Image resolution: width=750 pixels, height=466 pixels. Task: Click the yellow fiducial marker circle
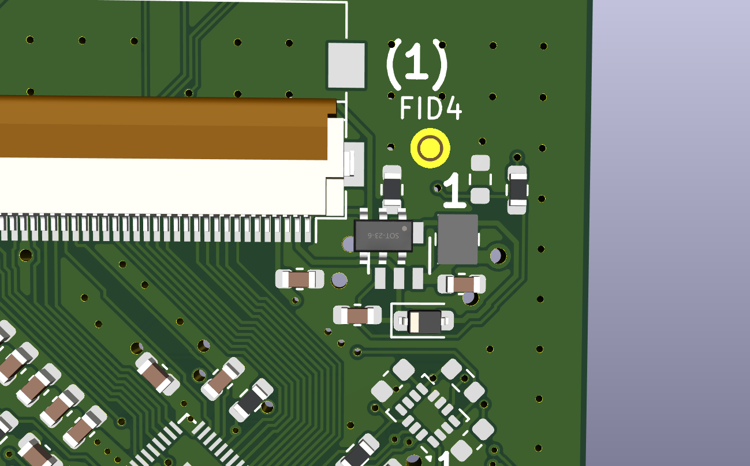tap(430, 148)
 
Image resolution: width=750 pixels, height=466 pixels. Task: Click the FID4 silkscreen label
tap(431, 108)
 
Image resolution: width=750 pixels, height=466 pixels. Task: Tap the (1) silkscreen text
tap(417, 65)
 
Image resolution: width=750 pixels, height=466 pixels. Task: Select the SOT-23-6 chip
tap(383, 235)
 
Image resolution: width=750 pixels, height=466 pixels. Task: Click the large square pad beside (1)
tap(346, 66)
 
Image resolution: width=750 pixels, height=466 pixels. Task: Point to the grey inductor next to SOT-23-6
tap(458, 239)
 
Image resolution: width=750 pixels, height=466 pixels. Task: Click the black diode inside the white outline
tap(424, 321)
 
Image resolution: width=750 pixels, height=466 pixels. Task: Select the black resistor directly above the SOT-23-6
tap(392, 189)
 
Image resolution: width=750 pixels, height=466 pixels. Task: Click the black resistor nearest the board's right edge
tap(518, 190)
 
